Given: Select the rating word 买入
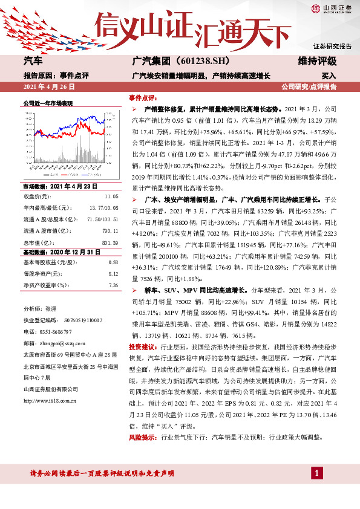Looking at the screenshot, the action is click(329, 76).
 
